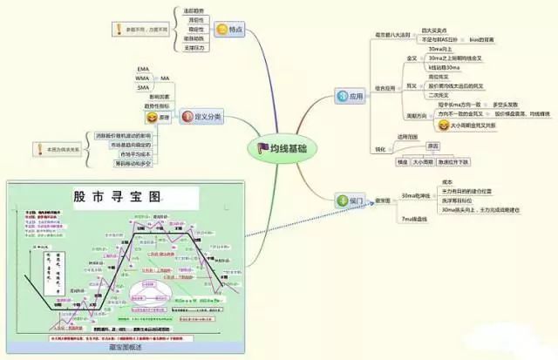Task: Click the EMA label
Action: click(x=144, y=68)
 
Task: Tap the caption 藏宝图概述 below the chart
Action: click(x=126, y=348)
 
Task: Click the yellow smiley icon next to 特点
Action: click(x=223, y=30)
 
